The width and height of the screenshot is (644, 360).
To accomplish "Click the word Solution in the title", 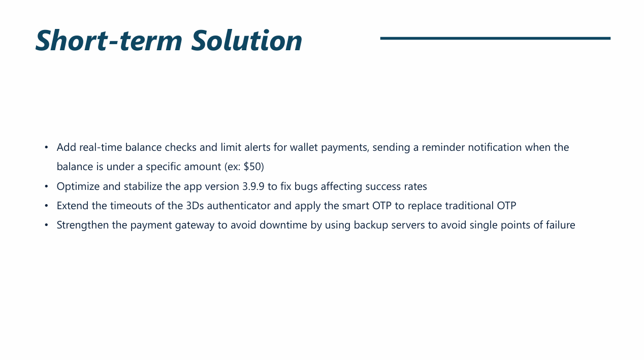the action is click(x=247, y=40).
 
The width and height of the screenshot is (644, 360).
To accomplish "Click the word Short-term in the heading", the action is click(x=109, y=40).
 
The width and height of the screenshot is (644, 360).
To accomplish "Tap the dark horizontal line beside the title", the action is click(x=495, y=38).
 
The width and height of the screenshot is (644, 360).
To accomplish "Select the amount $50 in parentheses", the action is click(x=252, y=167).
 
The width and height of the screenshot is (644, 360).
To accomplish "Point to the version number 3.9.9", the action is click(x=253, y=186).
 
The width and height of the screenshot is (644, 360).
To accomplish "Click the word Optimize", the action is click(x=78, y=187).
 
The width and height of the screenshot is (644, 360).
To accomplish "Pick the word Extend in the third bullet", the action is click(x=73, y=206).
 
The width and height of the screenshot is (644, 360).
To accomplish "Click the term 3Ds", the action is click(x=195, y=206).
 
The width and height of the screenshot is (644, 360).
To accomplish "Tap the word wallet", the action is click(x=304, y=147).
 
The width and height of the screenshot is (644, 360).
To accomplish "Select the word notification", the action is click(x=495, y=147).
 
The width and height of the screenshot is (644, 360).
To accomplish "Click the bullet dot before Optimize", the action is click(x=46, y=187).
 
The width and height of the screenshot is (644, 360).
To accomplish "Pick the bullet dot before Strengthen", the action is click(x=46, y=225).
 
